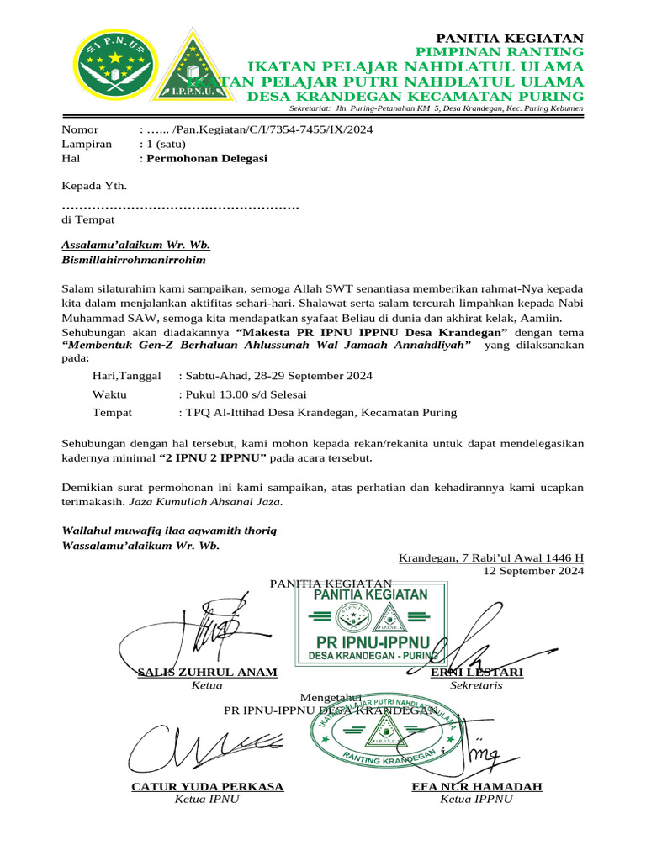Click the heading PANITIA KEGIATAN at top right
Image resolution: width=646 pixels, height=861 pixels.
(x=508, y=39)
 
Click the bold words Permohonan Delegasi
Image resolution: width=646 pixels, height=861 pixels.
(x=208, y=158)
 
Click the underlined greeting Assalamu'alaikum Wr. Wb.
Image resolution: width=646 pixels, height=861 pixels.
(x=136, y=246)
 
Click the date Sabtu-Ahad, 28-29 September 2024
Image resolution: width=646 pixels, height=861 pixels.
(x=278, y=376)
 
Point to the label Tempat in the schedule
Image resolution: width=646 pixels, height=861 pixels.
(x=112, y=413)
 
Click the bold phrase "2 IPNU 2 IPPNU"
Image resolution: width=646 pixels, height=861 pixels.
(x=213, y=458)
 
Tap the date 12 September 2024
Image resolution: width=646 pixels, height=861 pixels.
(x=532, y=571)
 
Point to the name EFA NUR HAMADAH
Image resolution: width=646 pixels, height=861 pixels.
(x=476, y=787)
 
